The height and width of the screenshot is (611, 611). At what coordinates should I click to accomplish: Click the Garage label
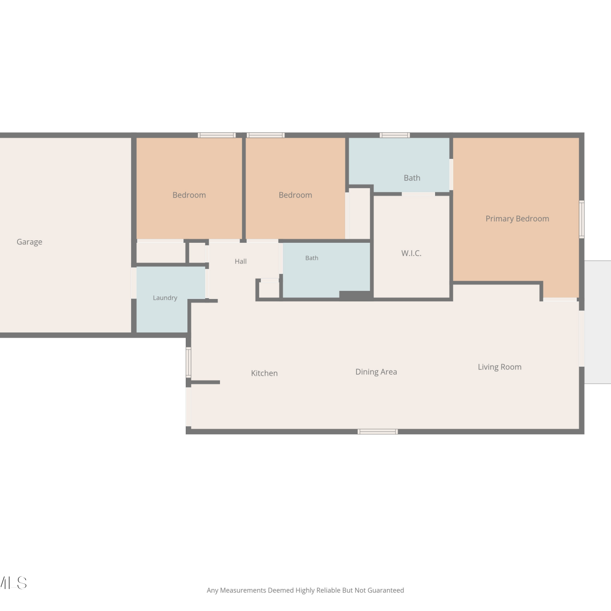pyautogui.click(x=29, y=242)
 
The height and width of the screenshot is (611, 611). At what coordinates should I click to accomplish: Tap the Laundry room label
pyautogui.click(x=165, y=298)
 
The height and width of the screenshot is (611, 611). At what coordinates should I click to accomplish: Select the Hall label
pyautogui.click(x=241, y=262)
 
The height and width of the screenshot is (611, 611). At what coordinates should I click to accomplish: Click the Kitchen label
pyautogui.click(x=264, y=373)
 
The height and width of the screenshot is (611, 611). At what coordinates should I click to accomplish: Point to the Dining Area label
pyautogui.click(x=376, y=372)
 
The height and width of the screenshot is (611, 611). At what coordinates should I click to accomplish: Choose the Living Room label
pyautogui.click(x=499, y=367)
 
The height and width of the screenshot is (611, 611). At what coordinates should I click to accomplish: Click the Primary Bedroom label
pyautogui.click(x=517, y=219)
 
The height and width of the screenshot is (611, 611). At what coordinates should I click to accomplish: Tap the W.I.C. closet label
pyautogui.click(x=411, y=253)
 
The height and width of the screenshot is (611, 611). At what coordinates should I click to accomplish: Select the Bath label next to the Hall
pyautogui.click(x=312, y=258)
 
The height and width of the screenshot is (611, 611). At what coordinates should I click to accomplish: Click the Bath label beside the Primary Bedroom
pyautogui.click(x=412, y=178)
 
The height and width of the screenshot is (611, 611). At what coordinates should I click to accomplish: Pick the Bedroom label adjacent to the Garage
pyautogui.click(x=189, y=195)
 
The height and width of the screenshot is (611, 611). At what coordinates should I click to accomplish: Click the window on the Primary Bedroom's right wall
pyautogui.click(x=582, y=219)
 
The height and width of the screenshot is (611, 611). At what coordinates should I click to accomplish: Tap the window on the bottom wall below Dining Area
pyautogui.click(x=378, y=432)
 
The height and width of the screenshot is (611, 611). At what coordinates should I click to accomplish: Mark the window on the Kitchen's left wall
pyautogui.click(x=188, y=362)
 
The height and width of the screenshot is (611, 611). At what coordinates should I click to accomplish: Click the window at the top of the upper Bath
pyautogui.click(x=395, y=135)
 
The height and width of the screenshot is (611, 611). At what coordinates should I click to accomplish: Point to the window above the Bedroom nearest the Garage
pyautogui.click(x=217, y=135)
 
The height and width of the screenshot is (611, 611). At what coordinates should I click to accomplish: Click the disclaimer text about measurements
pyautogui.click(x=305, y=590)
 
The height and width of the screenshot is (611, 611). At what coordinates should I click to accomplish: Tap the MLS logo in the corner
pyautogui.click(x=13, y=583)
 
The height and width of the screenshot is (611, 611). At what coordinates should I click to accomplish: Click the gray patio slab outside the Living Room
pyautogui.click(x=598, y=322)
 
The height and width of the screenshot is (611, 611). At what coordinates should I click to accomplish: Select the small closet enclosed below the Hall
pyautogui.click(x=269, y=290)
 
